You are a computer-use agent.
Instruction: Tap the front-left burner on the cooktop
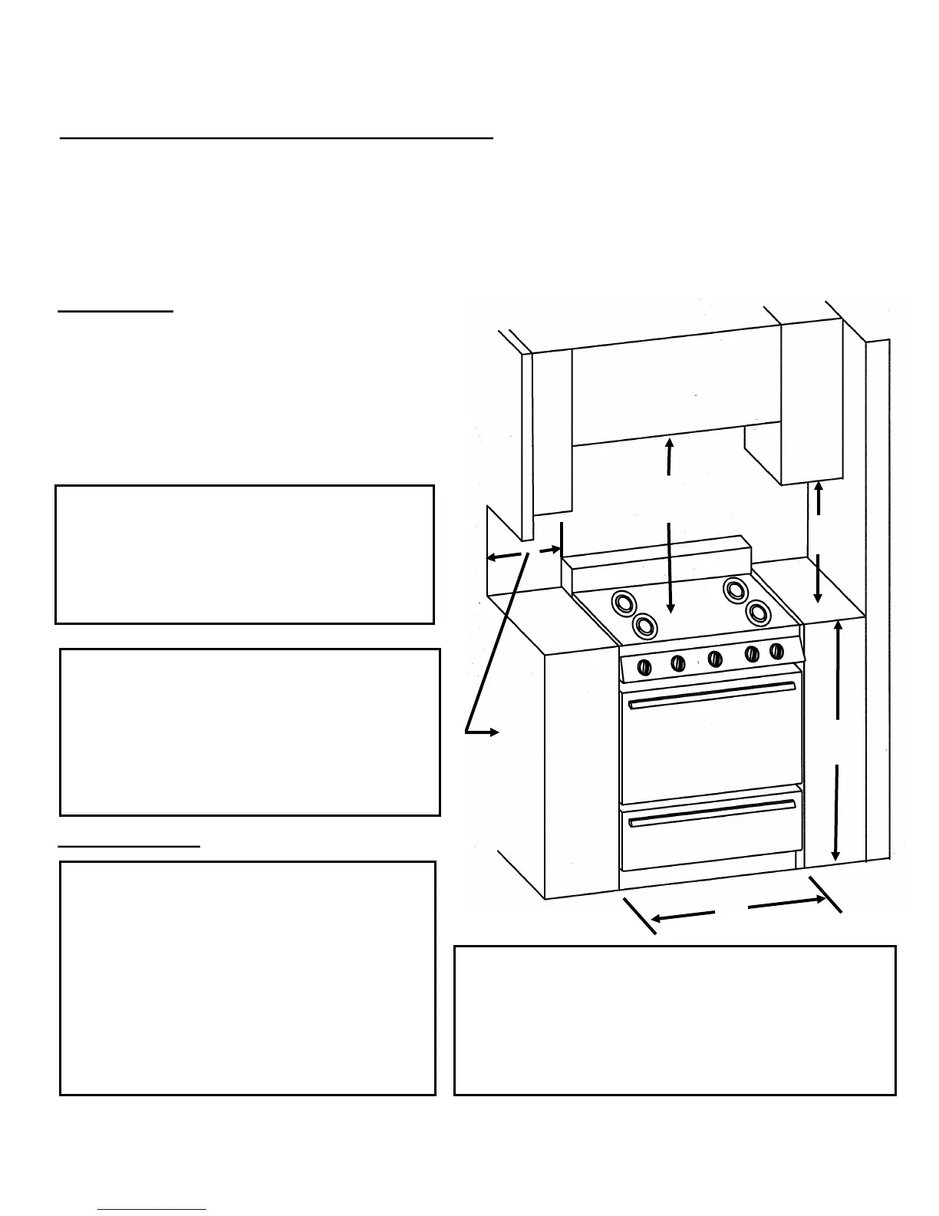[x=645, y=625]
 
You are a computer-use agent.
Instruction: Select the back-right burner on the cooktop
[x=735, y=590]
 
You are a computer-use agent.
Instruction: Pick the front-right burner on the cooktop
[x=757, y=612]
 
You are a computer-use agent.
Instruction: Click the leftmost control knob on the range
[x=645, y=666]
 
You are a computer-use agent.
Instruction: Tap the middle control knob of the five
[x=715, y=658]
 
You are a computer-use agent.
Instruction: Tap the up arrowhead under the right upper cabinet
[x=819, y=487]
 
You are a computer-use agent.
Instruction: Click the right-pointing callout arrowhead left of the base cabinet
[x=494, y=732]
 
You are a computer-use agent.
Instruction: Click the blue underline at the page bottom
[x=152, y=1210]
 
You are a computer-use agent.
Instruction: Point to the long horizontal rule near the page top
[x=276, y=139]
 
